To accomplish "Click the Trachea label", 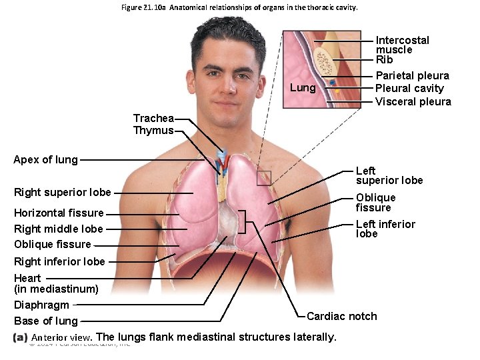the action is [x=153, y=119].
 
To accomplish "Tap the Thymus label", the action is [x=153, y=131].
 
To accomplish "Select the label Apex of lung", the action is [x=45, y=160].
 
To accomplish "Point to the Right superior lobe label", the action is [x=63, y=193].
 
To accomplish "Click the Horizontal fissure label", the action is [x=59, y=213].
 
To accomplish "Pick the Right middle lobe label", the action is [x=59, y=229].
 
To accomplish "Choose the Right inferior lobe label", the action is [x=59, y=261].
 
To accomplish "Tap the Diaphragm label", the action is [x=41, y=305].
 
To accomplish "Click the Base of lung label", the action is [x=46, y=321].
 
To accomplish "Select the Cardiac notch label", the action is [x=341, y=316].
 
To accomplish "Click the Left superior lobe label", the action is [x=389, y=175].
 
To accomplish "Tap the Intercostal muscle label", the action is [x=403, y=45].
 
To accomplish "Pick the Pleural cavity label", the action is [x=409, y=88].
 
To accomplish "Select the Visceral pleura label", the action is [x=413, y=101].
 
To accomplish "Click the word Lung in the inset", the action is [x=303, y=88].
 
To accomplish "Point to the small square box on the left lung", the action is [x=264, y=177].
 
